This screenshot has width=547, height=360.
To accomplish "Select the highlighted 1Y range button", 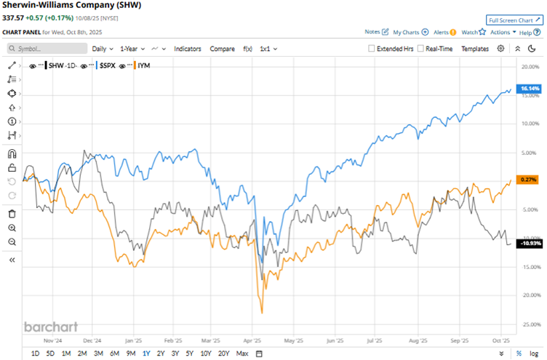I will (146, 353).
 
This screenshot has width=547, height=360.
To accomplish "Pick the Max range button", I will (242, 353).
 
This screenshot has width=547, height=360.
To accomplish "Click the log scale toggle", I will (534, 353).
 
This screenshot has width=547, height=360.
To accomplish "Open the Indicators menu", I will (188, 49).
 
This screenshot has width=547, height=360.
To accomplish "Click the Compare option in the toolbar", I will (222, 49).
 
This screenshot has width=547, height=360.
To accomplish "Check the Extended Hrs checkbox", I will (372, 49).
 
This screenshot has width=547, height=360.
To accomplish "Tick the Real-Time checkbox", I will (422, 49).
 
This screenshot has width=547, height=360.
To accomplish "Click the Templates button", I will (475, 49).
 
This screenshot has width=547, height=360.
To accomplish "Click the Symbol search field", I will (45, 49).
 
